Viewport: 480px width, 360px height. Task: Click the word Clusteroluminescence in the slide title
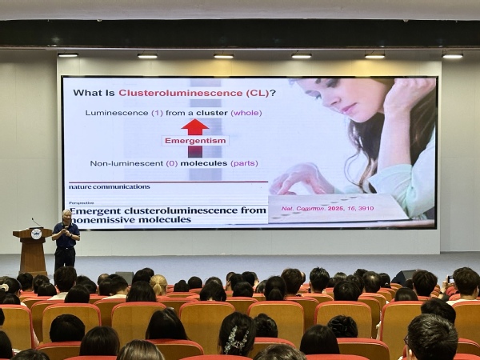[x=181, y=93]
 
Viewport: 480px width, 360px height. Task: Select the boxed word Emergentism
[x=195, y=141]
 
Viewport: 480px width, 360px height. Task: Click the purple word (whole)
[x=246, y=113]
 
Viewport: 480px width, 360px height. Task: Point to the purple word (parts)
[x=244, y=163]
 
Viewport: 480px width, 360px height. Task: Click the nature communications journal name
[x=110, y=186]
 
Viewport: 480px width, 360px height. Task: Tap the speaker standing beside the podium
[x=66, y=241]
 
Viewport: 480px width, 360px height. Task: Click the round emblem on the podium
[x=36, y=234]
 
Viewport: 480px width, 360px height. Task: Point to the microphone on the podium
[x=37, y=222]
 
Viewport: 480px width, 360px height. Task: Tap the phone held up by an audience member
[x=450, y=279]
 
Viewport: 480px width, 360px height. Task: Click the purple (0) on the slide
[x=172, y=163]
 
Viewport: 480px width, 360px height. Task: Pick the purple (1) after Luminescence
[x=157, y=113]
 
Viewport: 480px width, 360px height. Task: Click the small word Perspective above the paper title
[x=82, y=203]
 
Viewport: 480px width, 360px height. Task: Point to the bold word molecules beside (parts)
[x=204, y=163]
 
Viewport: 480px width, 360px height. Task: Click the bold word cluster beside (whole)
[x=212, y=113]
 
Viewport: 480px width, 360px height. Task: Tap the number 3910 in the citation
[x=366, y=209]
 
